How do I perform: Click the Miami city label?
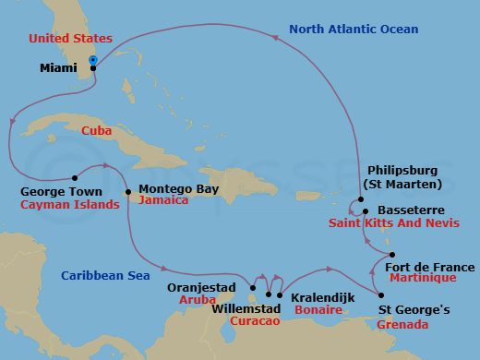click(60, 68)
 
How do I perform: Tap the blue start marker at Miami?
click(93, 61)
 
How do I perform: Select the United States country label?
click(70, 39)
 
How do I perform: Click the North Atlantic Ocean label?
click(353, 30)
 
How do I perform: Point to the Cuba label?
click(97, 131)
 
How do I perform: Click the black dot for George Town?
click(74, 178)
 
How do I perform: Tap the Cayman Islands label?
click(69, 205)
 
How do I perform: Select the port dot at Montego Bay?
click(127, 192)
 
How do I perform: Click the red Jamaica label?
click(163, 200)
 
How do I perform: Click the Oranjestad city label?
click(198, 286)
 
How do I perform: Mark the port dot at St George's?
click(382, 295)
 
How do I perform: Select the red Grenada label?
click(402, 325)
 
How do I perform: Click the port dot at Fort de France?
click(392, 255)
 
